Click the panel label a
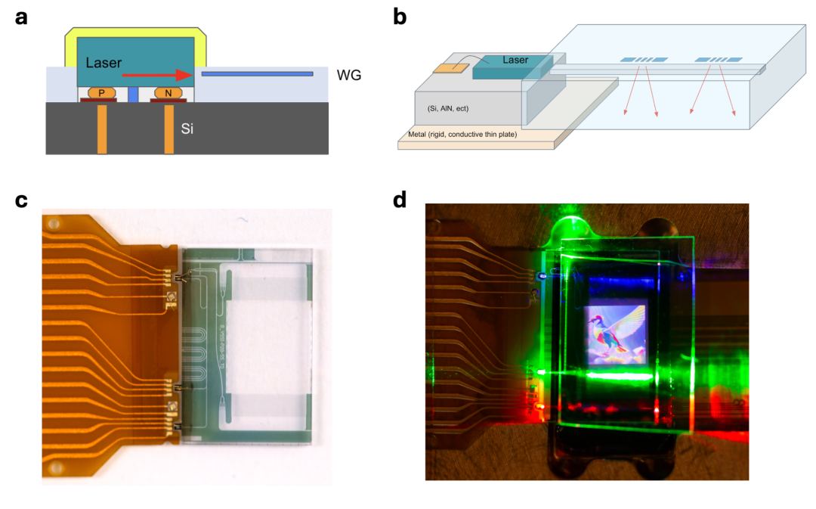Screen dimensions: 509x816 coord(21,17)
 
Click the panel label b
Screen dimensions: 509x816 coord(400,17)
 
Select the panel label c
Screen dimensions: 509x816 coord(21,200)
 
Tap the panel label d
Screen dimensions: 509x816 coord(400,200)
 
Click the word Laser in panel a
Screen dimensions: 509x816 coord(104,62)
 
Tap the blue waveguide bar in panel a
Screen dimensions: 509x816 coord(258,73)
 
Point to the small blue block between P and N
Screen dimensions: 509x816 coord(134,95)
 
